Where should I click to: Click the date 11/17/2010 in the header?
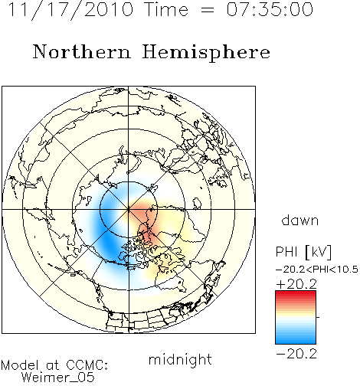coord(70,10)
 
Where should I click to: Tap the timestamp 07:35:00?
coord(270,9)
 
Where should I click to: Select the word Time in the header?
coord(166,9)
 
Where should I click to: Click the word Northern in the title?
coord(82,52)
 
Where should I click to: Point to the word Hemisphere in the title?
coord(206,53)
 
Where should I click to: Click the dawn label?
coord(300,220)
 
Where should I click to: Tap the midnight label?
coord(180,359)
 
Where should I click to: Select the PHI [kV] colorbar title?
coord(303,252)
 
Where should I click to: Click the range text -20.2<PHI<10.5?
coord(317,270)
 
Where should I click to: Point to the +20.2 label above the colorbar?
coord(296,284)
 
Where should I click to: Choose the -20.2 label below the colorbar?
coord(296,354)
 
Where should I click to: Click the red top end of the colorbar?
coord(296,293)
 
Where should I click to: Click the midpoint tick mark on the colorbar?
coord(318,317)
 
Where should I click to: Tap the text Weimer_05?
coord(58,378)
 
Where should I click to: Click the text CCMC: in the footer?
coord(87,365)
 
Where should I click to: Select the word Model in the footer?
coord(20,365)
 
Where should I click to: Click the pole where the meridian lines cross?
coord(129,210)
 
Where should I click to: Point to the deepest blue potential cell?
coord(109,243)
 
